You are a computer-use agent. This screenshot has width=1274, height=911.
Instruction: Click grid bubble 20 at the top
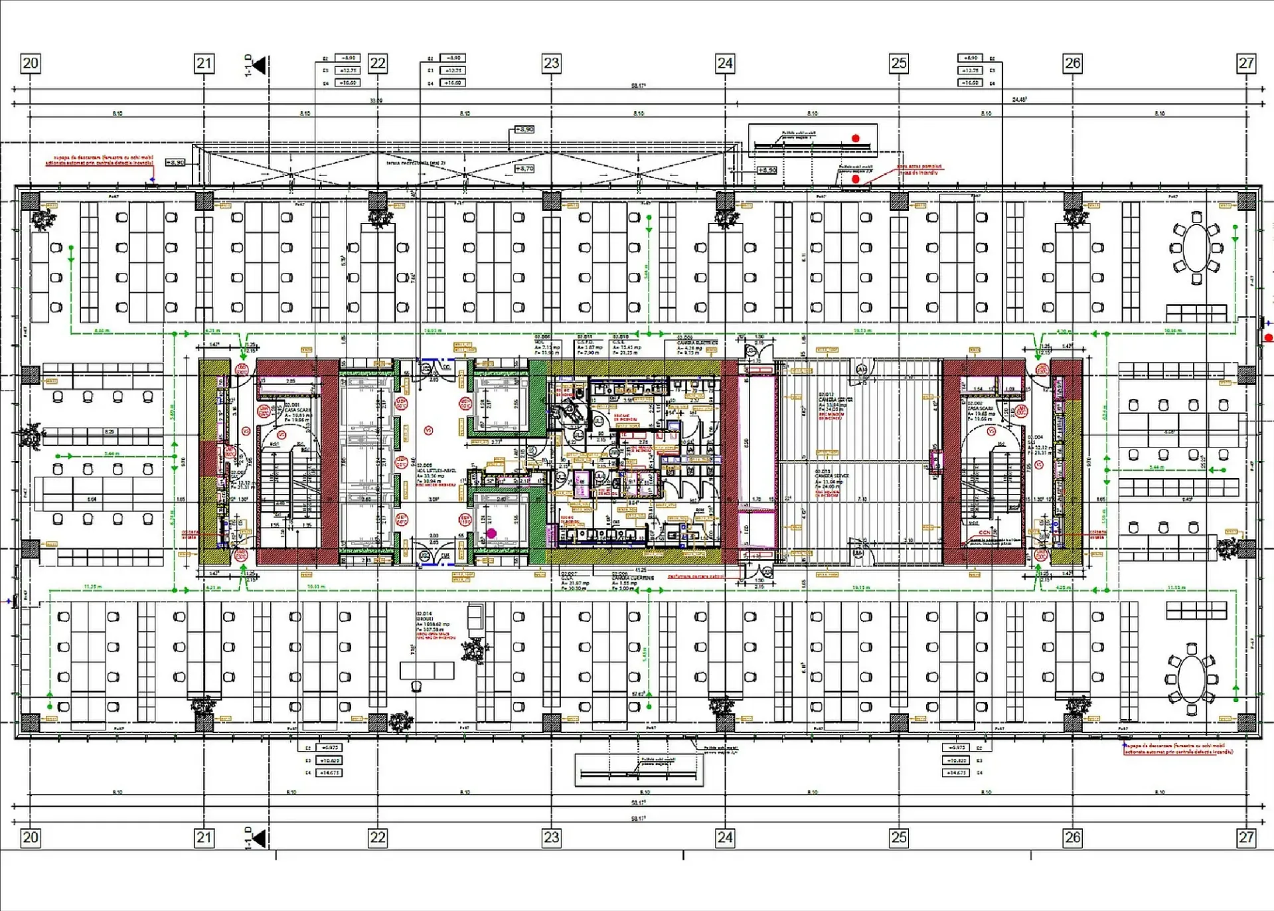coord(31,63)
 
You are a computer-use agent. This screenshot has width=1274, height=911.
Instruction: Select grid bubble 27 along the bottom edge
coord(1246,837)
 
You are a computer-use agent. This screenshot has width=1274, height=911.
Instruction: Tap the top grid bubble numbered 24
coord(725,63)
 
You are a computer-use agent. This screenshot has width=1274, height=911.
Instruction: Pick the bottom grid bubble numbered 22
coord(378,837)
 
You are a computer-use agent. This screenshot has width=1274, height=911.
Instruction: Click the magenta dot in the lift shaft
coord(491,533)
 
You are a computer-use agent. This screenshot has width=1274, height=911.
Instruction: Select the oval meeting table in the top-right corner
coord(1196,248)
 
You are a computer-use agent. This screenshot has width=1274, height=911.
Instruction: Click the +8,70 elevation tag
coord(524,169)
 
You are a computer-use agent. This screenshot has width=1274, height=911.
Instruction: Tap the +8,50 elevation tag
coord(767,170)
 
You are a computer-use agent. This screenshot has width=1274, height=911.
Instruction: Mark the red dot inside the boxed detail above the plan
coord(856,138)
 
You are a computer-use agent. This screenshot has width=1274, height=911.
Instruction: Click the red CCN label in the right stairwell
coord(984,533)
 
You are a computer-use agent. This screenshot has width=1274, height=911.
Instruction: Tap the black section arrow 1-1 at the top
coord(258,65)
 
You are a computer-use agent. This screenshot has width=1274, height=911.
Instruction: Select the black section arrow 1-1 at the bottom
coord(258,838)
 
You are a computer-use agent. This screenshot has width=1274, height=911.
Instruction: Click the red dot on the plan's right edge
coord(1269,338)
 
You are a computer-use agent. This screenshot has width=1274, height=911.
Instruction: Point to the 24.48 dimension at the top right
coord(1019,100)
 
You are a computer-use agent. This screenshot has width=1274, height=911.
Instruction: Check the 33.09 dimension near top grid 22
coord(376,101)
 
